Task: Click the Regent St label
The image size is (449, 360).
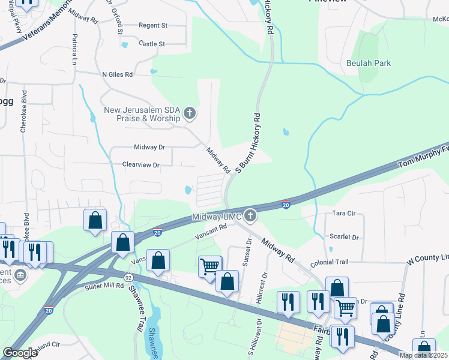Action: pos(152,25)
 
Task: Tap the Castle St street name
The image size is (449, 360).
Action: pos(151,44)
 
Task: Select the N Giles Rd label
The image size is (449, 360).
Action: pos(117,74)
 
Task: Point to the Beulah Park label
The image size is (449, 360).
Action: pos(368,63)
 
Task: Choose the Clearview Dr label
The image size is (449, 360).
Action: pos(140,164)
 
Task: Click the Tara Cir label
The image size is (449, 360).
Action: pos(344,213)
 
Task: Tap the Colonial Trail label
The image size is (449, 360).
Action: pos(329,263)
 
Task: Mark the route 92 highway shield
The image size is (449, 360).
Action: pos(128,278)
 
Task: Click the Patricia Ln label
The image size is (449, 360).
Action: pos(74,49)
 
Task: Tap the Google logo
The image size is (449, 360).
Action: pos(19,353)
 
